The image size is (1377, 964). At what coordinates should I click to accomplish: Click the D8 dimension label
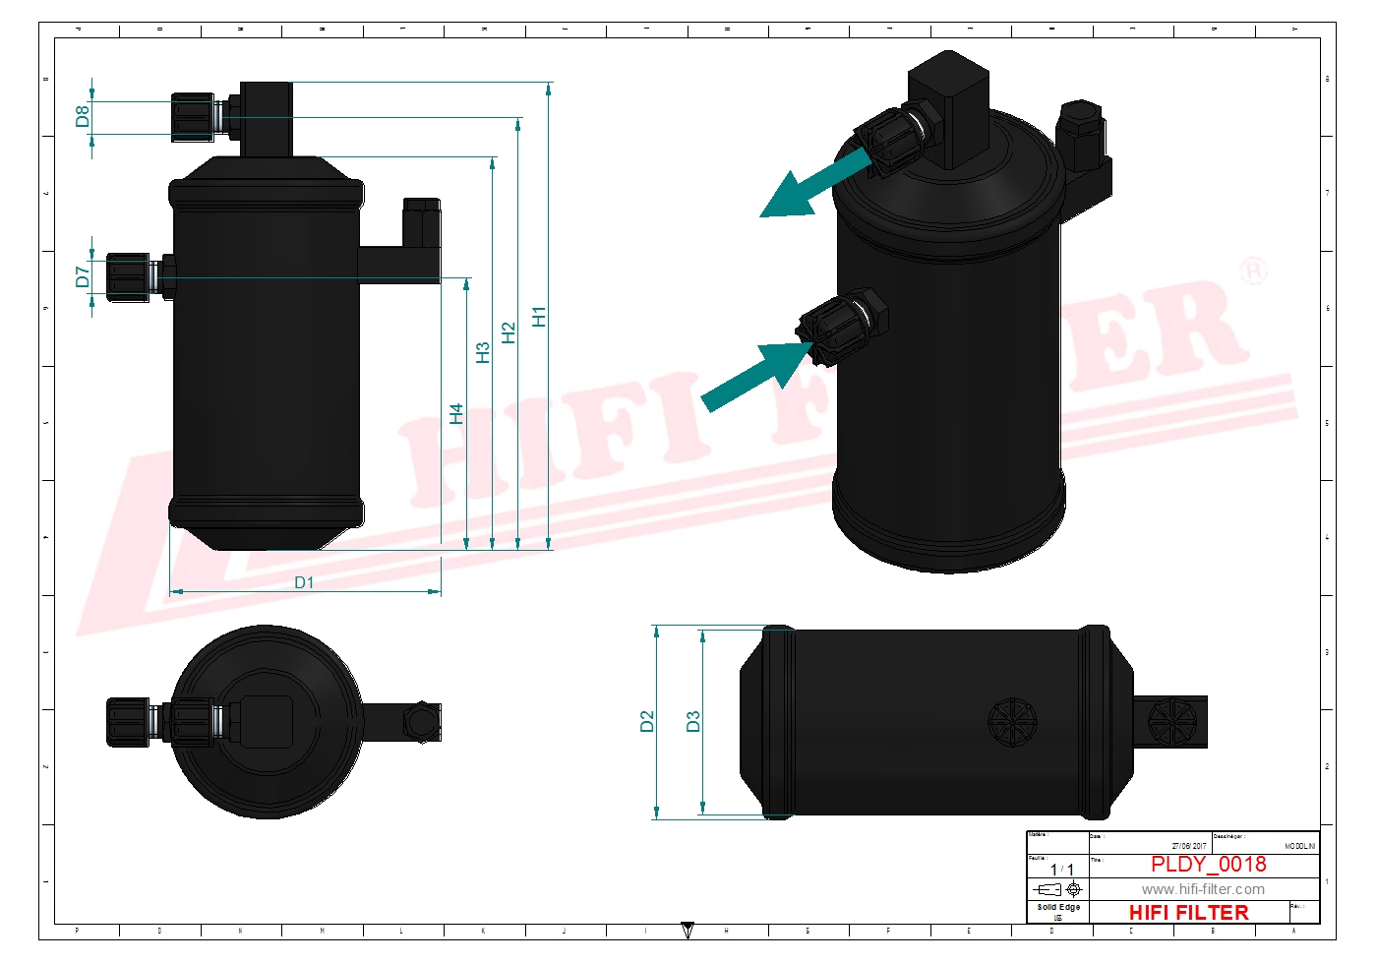click(x=83, y=116)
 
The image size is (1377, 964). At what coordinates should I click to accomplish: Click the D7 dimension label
click(x=83, y=276)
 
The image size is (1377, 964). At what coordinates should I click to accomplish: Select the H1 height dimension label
click(x=539, y=317)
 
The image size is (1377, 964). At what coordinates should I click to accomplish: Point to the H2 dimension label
click(x=509, y=332)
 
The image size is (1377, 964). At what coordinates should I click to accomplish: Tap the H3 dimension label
click(x=483, y=353)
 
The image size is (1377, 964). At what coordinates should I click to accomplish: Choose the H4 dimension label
click(x=456, y=413)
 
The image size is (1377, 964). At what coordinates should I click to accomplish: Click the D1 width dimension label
click(x=304, y=582)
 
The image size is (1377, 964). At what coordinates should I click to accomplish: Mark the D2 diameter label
click(x=647, y=721)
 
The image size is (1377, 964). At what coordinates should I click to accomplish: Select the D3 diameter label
click(x=693, y=721)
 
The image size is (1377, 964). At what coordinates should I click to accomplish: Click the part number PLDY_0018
click(x=1208, y=865)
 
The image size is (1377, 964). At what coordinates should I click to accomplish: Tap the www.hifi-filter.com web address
click(x=1203, y=889)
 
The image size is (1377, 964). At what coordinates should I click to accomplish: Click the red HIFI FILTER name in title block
click(x=1188, y=913)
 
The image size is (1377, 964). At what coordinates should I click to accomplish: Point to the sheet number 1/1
click(x=1061, y=870)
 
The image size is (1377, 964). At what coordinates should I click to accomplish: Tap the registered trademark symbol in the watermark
click(x=1252, y=271)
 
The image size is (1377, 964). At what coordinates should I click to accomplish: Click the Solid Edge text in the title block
click(x=1058, y=907)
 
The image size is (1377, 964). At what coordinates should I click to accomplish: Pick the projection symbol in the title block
click(x=1060, y=889)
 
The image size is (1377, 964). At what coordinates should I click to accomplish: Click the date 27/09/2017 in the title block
click(x=1188, y=846)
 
